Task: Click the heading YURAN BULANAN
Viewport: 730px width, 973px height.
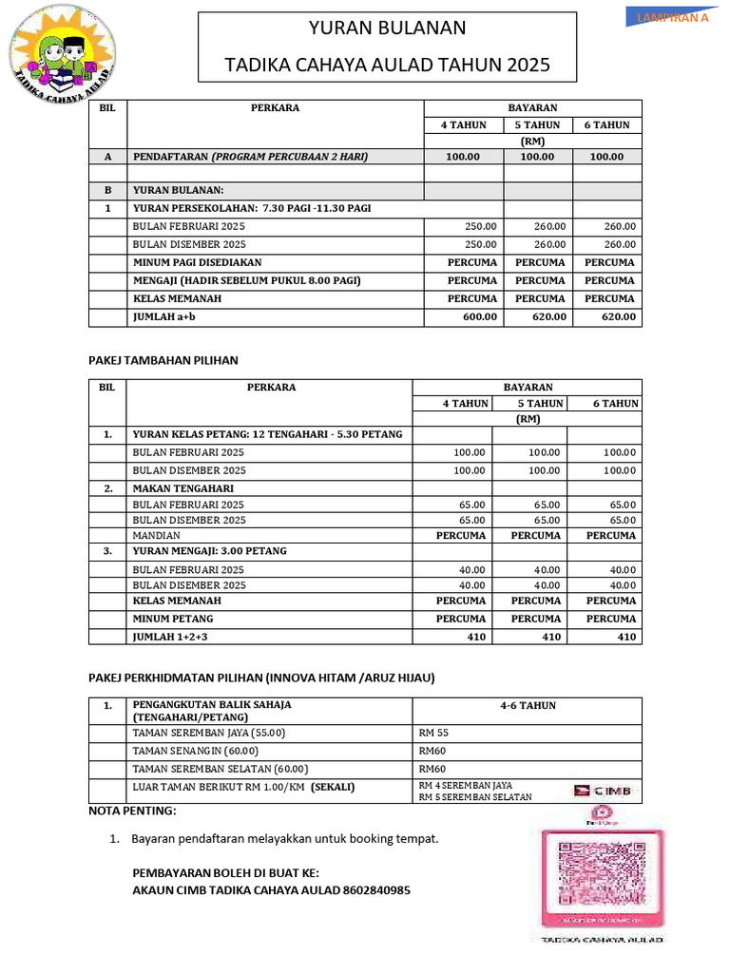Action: tap(387, 29)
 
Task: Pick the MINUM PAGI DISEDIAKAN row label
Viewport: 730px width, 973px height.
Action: tap(197, 261)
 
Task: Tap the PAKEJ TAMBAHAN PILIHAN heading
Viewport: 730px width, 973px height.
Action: tap(163, 360)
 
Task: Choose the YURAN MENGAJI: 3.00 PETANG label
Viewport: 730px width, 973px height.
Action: tap(209, 550)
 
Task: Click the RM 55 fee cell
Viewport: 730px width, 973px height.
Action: tap(433, 733)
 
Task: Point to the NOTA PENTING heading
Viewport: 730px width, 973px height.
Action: tap(132, 811)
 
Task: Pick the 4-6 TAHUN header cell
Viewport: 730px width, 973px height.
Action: tap(528, 705)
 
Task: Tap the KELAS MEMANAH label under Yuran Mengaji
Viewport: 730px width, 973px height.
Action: tap(177, 601)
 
